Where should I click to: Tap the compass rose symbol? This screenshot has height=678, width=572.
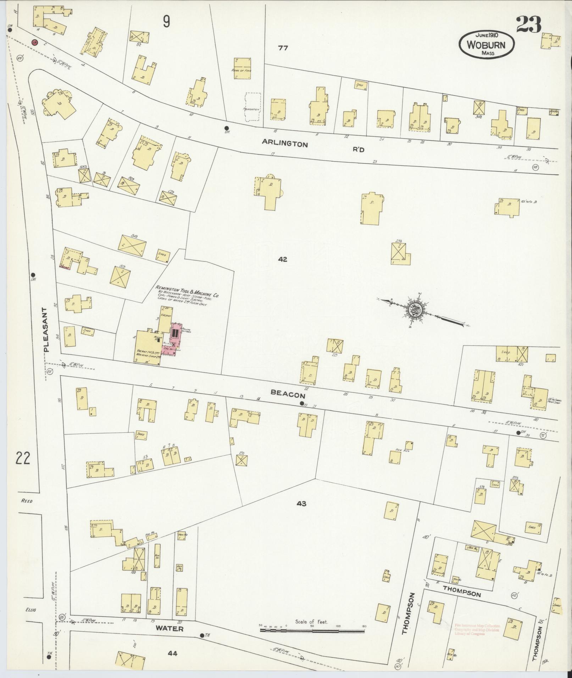(416, 309)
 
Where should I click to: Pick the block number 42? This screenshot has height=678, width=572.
(282, 259)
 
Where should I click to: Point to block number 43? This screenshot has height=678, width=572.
(302, 504)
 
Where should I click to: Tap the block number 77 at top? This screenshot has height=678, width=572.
(283, 48)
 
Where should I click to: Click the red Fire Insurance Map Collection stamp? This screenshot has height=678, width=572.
(477, 630)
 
